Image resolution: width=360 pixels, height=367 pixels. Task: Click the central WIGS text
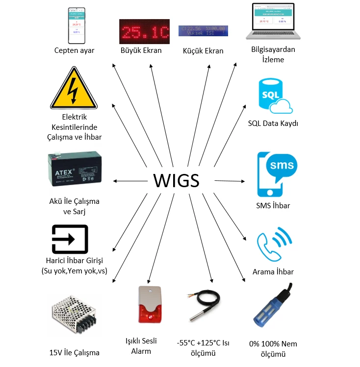[x=176, y=180]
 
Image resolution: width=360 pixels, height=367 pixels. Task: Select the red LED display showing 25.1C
[x=144, y=32]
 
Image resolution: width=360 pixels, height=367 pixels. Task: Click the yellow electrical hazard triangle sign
[x=74, y=90]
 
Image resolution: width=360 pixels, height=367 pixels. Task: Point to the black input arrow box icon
[x=70, y=239]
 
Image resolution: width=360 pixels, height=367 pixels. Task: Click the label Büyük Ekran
[x=141, y=50]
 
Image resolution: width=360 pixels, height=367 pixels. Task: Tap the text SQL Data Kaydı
[x=273, y=123]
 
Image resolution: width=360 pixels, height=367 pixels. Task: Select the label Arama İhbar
[x=273, y=271]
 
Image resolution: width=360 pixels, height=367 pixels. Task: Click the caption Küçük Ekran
[x=203, y=50]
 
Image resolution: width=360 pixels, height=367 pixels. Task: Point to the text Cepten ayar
[x=75, y=50]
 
